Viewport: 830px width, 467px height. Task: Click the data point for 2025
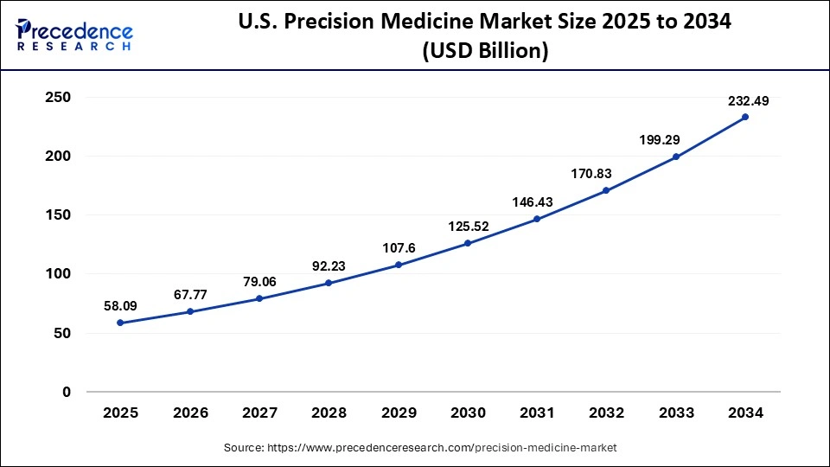pyautogui.click(x=120, y=323)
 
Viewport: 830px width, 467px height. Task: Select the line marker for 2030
pyautogui.click(x=468, y=243)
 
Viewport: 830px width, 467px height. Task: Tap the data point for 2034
pyautogui.click(x=745, y=117)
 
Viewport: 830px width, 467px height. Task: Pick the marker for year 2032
pyautogui.click(x=606, y=190)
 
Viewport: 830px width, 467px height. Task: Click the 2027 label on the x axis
pyautogui.click(x=259, y=413)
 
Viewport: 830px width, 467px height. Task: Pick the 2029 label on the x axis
pyautogui.click(x=399, y=413)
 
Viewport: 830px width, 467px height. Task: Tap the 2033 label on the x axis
pyautogui.click(x=676, y=413)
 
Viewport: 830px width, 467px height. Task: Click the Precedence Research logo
pyautogui.click(x=75, y=35)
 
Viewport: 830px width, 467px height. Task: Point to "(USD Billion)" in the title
pyautogui.click(x=485, y=51)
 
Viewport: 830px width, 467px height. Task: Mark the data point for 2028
pyautogui.click(x=329, y=283)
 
